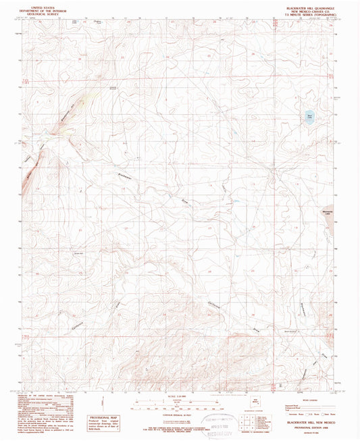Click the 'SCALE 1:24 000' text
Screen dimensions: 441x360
pyautogui.click(x=179, y=395)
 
